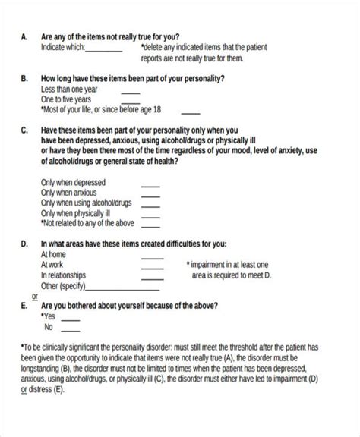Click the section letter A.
click(24, 36)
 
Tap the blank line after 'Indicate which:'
click(104, 51)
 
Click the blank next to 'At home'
click(152, 256)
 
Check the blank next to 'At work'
click(152, 266)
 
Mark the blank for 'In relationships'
click(152, 276)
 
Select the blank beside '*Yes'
click(70, 319)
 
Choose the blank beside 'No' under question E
click(70, 329)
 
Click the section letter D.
click(24, 244)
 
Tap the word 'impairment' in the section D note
click(210, 263)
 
